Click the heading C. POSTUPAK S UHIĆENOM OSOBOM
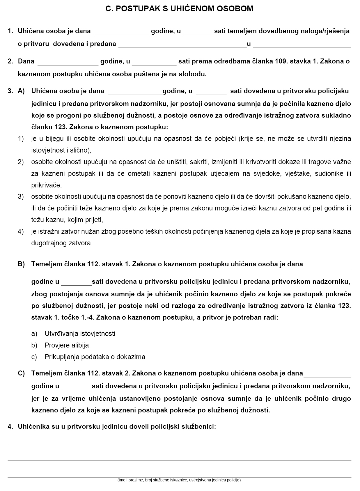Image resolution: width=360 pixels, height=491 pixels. pyautogui.click(x=179, y=9)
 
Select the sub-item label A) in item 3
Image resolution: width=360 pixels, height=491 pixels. pyautogui.click(x=22, y=91)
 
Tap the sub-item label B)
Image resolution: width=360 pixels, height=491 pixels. pyautogui.click(x=22, y=264)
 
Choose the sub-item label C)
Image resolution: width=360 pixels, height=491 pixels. pyautogui.click(x=22, y=373)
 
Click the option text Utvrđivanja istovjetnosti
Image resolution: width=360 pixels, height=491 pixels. pyautogui.click(x=80, y=334)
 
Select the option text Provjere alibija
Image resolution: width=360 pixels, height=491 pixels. pyautogui.click(x=67, y=345)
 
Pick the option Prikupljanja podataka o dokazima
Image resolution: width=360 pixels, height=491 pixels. pyautogui.click(x=95, y=357)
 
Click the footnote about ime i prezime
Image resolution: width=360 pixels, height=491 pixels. pyautogui.click(x=179, y=480)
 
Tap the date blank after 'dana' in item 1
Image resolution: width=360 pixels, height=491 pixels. pyautogui.click(x=122, y=32)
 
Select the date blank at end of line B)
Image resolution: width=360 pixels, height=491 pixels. pyautogui.click(x=327, y=265)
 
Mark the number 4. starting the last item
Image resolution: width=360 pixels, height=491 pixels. pyautogui.click(x=10, y=427)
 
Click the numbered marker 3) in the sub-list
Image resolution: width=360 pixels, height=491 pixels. pyautogui.click(x=21, y=197)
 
